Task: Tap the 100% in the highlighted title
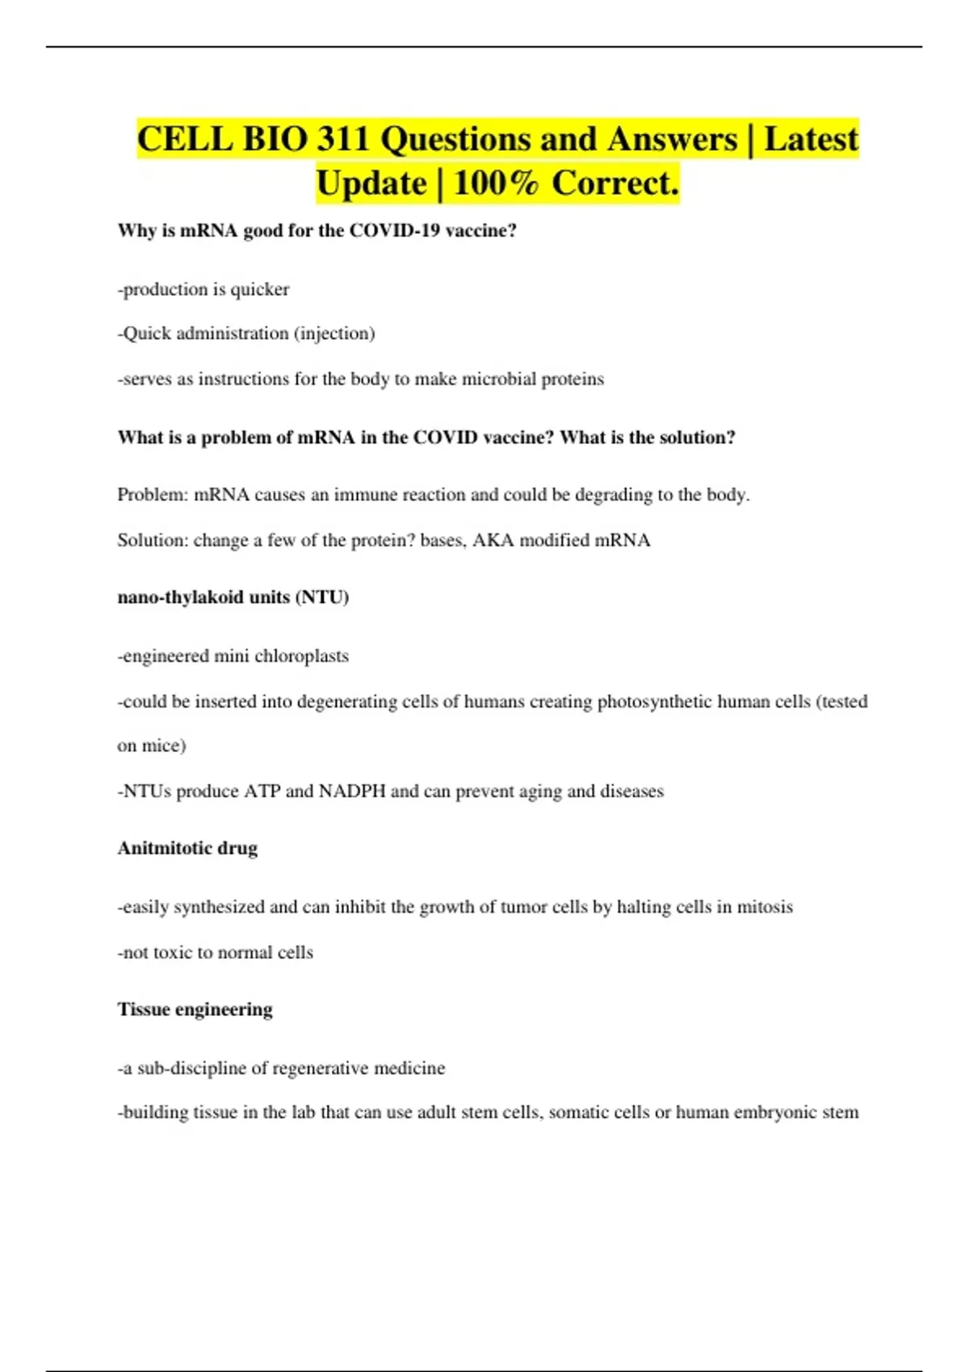pos(496,183)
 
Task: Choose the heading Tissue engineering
pos(195,1010)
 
